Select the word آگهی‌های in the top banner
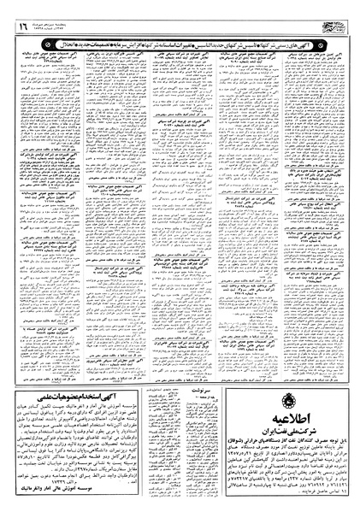coord(324,29)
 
